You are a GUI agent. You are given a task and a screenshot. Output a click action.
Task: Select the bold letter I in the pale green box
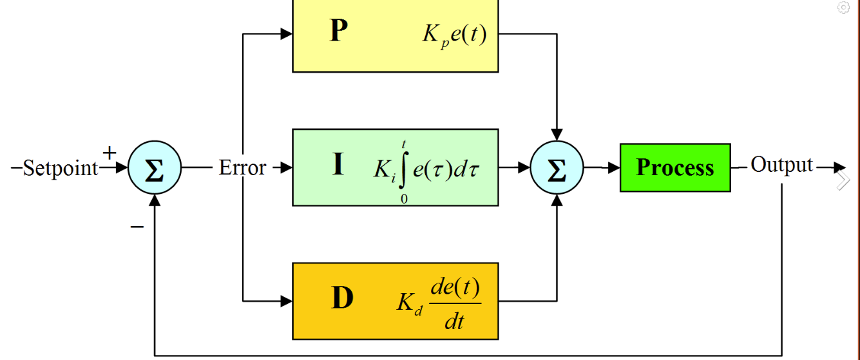click(338, 164)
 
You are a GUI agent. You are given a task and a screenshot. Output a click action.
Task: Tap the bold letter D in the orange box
click(341, 298)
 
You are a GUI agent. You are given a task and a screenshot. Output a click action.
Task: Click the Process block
click(675, 167)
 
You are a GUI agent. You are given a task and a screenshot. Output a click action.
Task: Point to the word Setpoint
click(61, 168)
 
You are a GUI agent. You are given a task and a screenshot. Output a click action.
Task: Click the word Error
click(242, 167)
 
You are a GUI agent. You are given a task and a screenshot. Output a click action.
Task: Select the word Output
click(781, 165)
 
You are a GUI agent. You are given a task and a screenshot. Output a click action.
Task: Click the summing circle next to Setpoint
click(155, 167)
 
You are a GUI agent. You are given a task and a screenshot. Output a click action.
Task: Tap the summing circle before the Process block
click(557, 167)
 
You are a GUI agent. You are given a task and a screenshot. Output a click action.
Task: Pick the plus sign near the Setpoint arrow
click(110, 153)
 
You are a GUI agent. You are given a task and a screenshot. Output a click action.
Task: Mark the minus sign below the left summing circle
click(137, 227)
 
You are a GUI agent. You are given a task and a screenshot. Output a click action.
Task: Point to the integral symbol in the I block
click(403, 170)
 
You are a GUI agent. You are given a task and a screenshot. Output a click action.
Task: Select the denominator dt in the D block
click(455, 321)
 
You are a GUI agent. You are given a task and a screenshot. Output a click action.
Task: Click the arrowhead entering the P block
click(287, 33)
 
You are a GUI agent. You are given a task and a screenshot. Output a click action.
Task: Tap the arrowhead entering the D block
click(287, 301)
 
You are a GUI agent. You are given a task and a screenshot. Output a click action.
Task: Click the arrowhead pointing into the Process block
click(614, 167)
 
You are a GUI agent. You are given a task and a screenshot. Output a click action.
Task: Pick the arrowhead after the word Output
click(839, 167)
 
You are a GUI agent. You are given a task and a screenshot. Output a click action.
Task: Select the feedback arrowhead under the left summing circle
click(155, 200)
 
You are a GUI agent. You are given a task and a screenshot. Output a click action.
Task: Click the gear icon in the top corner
click(843, 7)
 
